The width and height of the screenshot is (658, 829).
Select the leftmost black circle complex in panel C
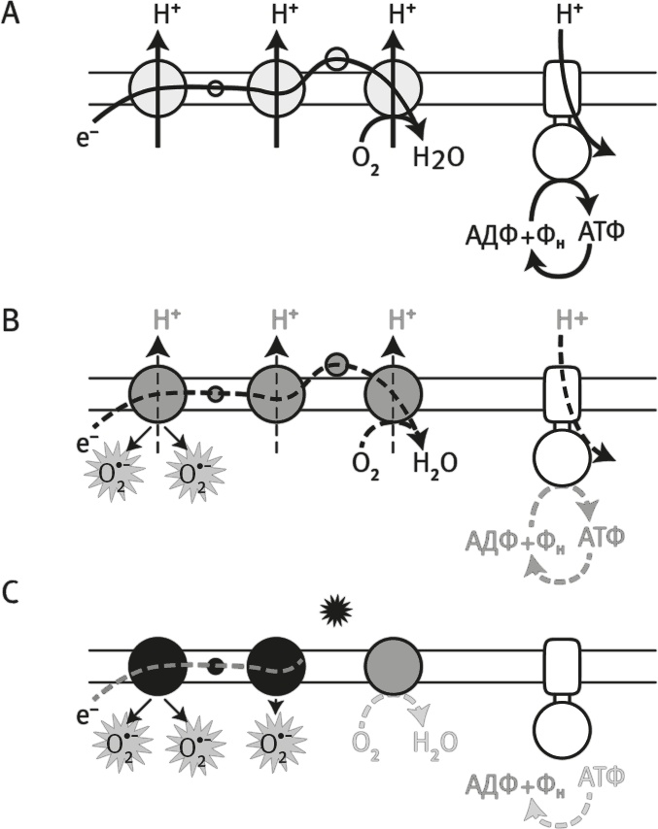click(x=156, y=666)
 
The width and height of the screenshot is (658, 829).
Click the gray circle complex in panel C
click(x=393, y=666)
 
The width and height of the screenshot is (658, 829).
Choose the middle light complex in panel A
click(x=276, y=88)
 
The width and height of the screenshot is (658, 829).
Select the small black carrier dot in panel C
click(x=217, y=667)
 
